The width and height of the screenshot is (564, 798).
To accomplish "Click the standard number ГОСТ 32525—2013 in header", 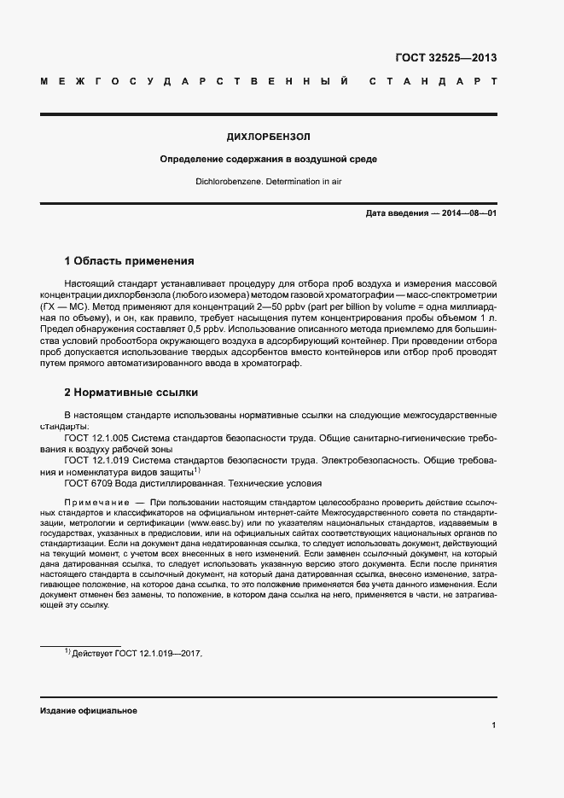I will [445, 58].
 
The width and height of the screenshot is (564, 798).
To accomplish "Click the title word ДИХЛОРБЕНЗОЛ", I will [268, 137].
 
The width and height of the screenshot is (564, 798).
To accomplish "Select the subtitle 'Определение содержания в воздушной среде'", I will [268, 160].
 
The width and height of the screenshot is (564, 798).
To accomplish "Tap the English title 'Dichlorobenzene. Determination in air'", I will [268, 182].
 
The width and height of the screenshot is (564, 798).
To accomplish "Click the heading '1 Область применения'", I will [130, 260].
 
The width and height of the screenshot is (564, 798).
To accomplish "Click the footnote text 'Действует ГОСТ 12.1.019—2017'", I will [137, 653].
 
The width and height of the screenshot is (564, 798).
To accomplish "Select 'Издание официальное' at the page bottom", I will [88, 711].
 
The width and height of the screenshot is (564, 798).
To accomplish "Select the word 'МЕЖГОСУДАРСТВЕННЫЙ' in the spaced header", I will [194, 82].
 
